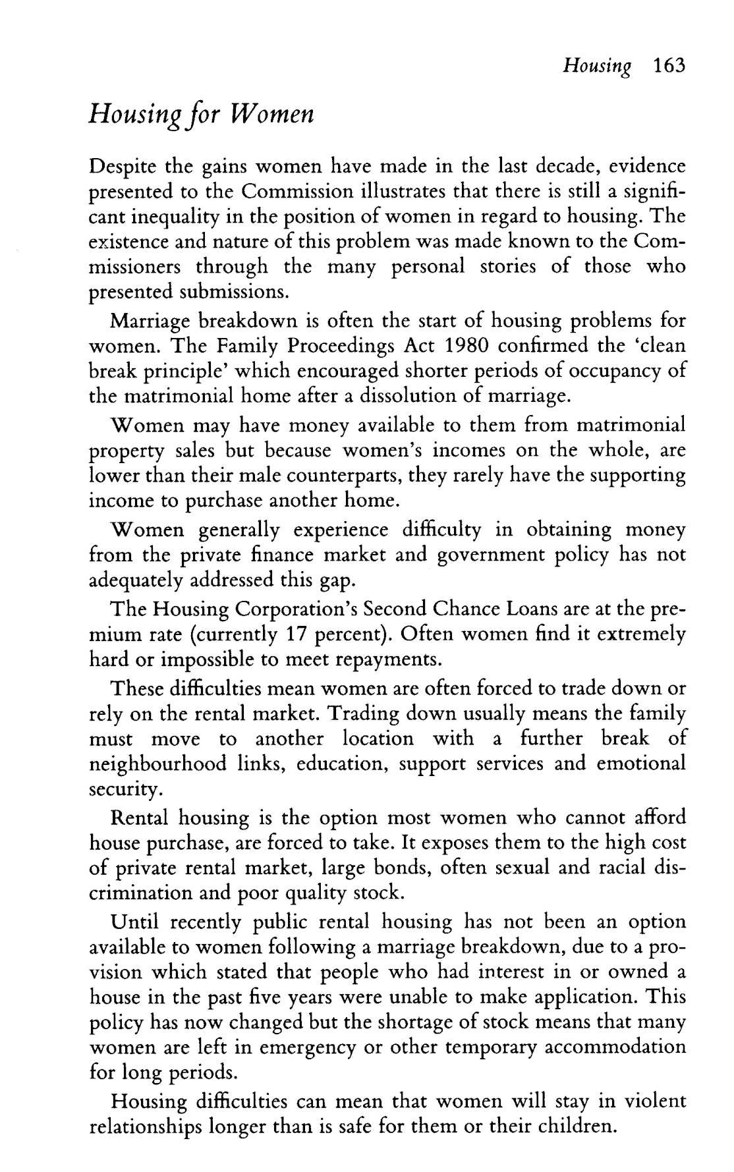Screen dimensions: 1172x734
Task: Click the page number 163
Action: (x=667, y=66)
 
